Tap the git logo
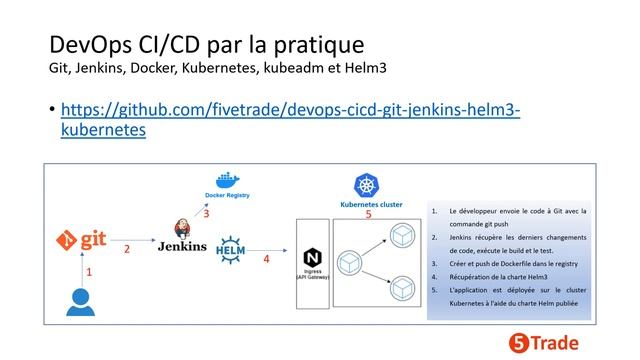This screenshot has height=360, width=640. pyautogui.click(x=82, y=241)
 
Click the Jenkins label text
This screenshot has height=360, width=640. pyautogui.click(x=182, y=246)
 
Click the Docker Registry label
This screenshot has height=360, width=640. pyautogui.click(x=227, y=195)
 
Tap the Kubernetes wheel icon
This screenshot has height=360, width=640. pyautogui.click(x=364, y=185)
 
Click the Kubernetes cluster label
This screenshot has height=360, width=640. pyautogui.click(x=365, y=203)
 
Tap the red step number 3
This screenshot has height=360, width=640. pyautogui.click(x=206, y=213)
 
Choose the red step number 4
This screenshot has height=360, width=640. pyautogui.click(x=266, y=259)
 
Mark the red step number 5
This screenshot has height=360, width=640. pyautogui.click(x=368, y=214)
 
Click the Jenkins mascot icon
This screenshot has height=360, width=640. pyautogui.click(x=183, y=227)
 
